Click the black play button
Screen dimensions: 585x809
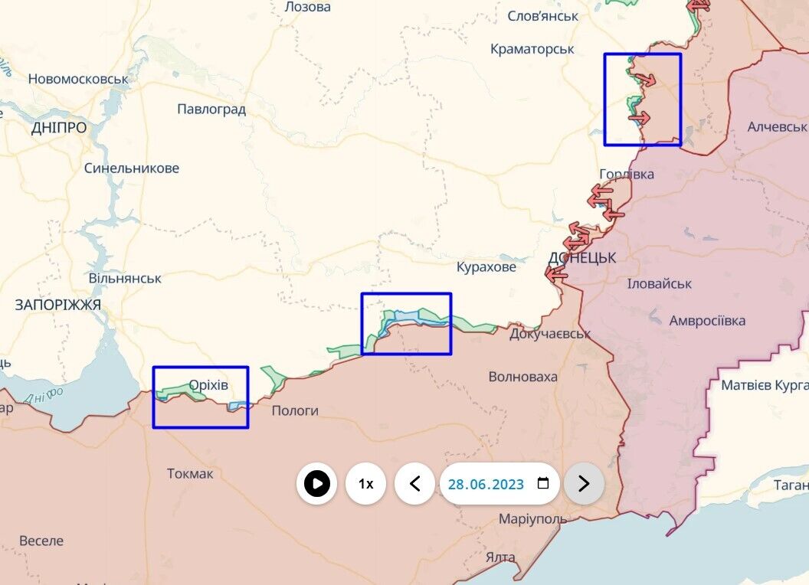click(x=316, y=484)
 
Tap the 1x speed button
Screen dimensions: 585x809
click(x=366, y=484)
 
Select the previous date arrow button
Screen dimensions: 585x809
click(x=415, y=484)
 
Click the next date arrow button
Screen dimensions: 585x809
click(x=584, y=484)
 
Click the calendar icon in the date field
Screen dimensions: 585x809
click(x=543, y=484)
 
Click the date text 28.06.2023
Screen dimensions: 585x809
click(x=486, y=485)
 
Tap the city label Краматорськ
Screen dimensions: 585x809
click(x=532, y=49)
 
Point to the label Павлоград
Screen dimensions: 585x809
click(x=211, y=109)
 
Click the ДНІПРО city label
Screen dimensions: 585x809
click(x=59, y=128)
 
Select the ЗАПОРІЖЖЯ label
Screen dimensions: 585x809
click(x=58, y=305)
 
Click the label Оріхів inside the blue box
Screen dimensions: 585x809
click(x=208, y=384)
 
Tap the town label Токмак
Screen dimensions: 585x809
click(x=190, y=474)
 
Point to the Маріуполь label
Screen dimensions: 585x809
click(x=532, y=519)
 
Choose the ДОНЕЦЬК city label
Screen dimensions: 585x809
click(x=582, y=258)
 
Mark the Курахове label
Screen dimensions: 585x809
click(x=486, y=268)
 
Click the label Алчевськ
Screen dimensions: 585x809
click(x=778, y=127)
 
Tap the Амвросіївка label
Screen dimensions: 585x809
click(x=707, y=321)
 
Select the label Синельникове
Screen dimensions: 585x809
click(x=132, y=168)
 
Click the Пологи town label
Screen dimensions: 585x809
click(x=295, y=410)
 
